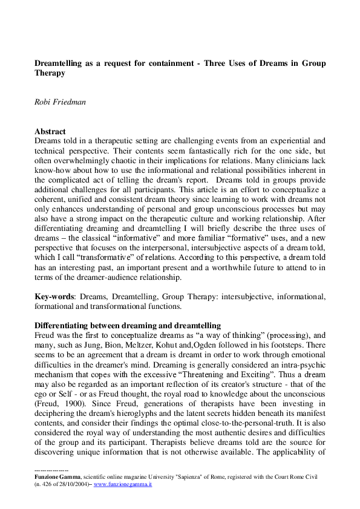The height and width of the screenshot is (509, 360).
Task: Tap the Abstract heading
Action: [50, 131]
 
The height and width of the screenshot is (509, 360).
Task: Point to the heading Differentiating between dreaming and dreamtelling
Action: [127, 325]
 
